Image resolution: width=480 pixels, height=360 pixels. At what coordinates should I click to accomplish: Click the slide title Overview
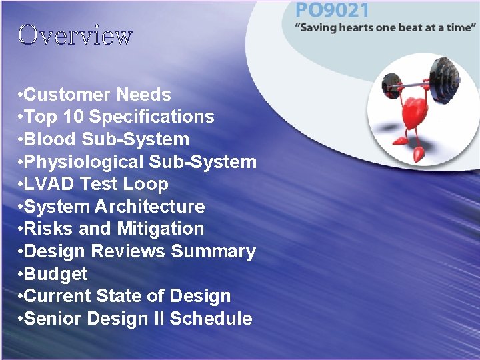click(x=75, y=35)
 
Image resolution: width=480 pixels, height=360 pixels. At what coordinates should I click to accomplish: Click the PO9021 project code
click(x=332, y=11)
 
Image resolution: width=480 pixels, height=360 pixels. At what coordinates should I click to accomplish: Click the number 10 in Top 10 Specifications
click(x=73, y=117)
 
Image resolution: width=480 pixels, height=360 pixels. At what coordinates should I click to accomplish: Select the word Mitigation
click(x=161, y=229)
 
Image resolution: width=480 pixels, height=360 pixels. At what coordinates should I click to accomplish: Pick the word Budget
click(x=55, y=274)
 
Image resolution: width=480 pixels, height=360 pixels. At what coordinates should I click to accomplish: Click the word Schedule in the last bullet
click(x=211, y=319)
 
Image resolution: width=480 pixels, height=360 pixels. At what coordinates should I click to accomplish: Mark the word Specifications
click(x=151, y=117)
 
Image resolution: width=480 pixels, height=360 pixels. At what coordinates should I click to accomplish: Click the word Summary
click(x=213, y=251)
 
